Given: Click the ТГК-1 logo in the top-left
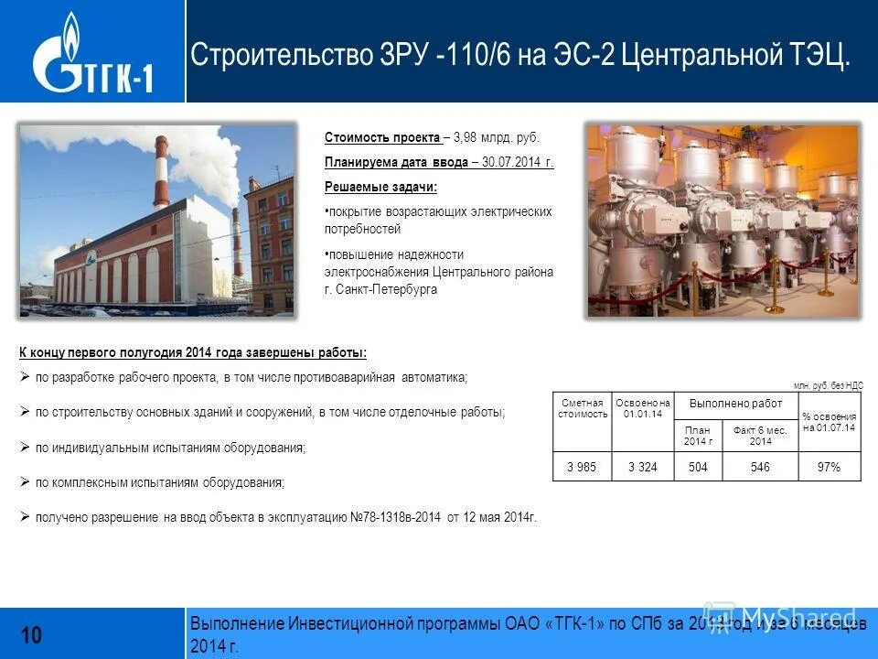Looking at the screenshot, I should (91, 55).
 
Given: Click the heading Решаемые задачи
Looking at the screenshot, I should (380, 187).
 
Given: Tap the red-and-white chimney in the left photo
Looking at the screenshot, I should (161, 174).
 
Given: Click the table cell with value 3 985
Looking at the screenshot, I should (582, 467).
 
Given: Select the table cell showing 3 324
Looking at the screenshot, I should (643, 467).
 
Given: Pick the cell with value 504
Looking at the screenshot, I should (698, 467).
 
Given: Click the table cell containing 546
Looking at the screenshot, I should (760, 467).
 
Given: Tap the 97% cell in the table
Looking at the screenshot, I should (829, 467).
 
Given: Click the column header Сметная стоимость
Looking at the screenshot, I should (583, 408).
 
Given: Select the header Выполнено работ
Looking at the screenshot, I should (735, 404).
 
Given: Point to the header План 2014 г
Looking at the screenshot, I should (697, 435).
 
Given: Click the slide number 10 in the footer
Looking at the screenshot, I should (31, 634).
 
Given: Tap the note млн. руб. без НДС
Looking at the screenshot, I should (828, 386).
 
